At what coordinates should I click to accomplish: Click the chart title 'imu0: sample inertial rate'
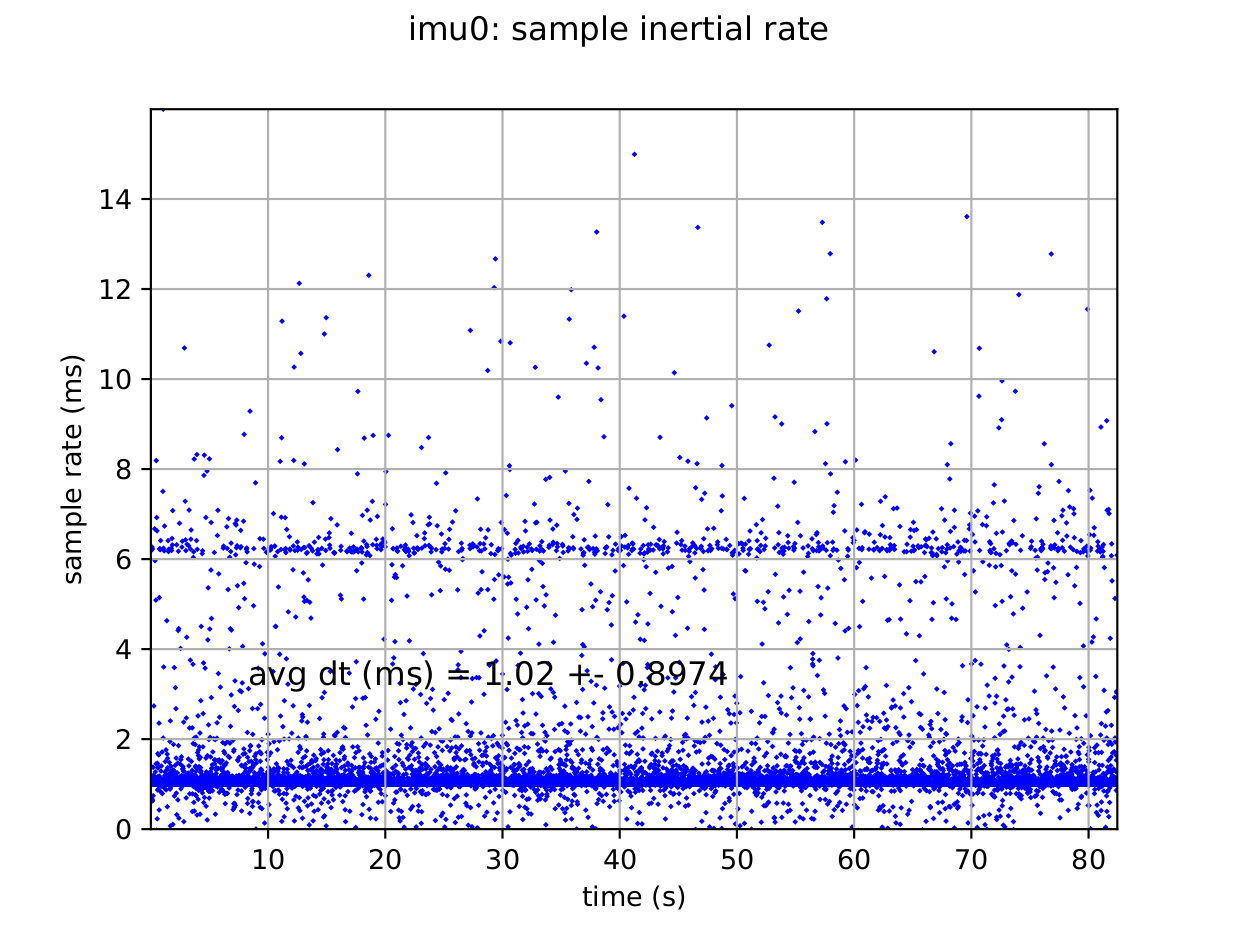(x=618, y=30)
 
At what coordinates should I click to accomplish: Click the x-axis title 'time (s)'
(x=633, y=897)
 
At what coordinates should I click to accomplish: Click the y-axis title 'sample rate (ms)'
(x=73, y=468)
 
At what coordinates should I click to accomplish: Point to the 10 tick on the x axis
(x=268, y=860)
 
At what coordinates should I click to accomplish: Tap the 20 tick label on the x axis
(x=385, y=860)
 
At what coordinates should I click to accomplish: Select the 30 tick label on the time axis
(x=502, y=860)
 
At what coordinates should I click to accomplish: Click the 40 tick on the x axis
(x=619, y=860)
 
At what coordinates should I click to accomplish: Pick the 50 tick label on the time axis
(x=736, y=860)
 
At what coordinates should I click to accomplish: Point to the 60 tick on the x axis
(x=853, y=860)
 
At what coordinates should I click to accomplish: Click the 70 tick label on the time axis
(x=970, y=860)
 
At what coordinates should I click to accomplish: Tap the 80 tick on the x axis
(x=1088, y=860)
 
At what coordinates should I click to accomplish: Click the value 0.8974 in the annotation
(x=672, y=675)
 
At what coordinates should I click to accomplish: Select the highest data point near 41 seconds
(x=634, y=154)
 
